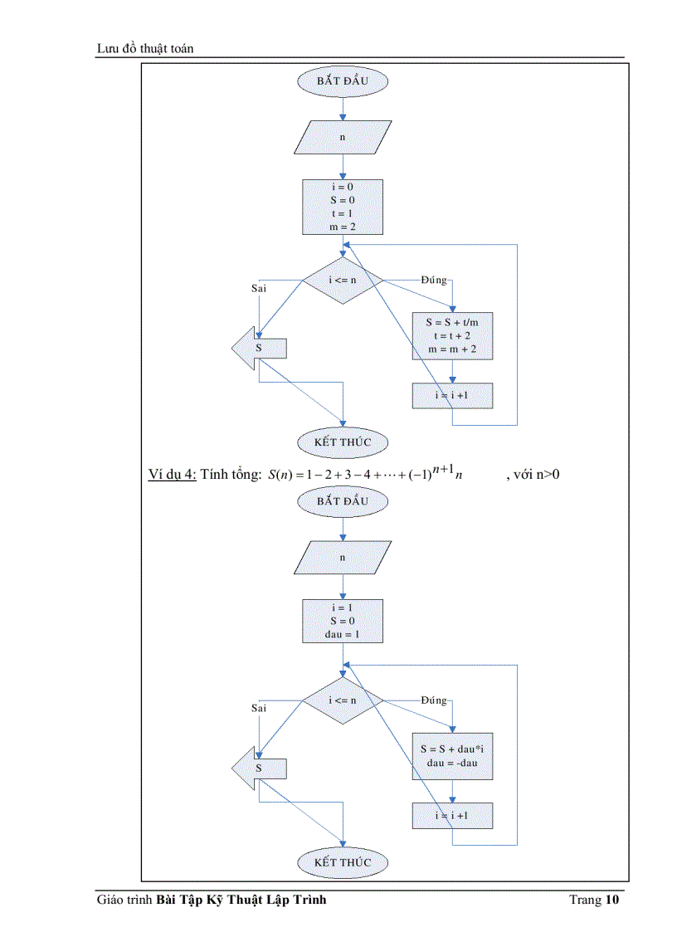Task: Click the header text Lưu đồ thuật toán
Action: tap(145, 49)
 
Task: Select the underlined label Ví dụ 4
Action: tap(172, 474)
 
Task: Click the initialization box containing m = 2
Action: tap(342, 207)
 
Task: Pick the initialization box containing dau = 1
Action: tap(342, 621)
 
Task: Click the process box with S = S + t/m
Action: tap(452, 335)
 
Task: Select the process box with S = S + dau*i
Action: tap(452, 755)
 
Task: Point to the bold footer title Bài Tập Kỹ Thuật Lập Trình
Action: tap(241, 900)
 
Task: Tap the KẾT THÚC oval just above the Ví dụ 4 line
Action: tap(342, 442)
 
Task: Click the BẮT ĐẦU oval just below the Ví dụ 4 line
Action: tap(342, 500)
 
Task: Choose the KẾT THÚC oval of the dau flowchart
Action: tap(342, 861)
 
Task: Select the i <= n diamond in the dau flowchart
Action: tap(342, 700)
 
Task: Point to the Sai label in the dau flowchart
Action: tap(259, 708)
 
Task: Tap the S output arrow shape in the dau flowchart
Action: tap(259, 769)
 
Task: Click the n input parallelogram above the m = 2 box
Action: tap(342, 137)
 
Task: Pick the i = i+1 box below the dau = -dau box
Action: tap(452, 816)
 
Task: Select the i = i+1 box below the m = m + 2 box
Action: tap(452, 396)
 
